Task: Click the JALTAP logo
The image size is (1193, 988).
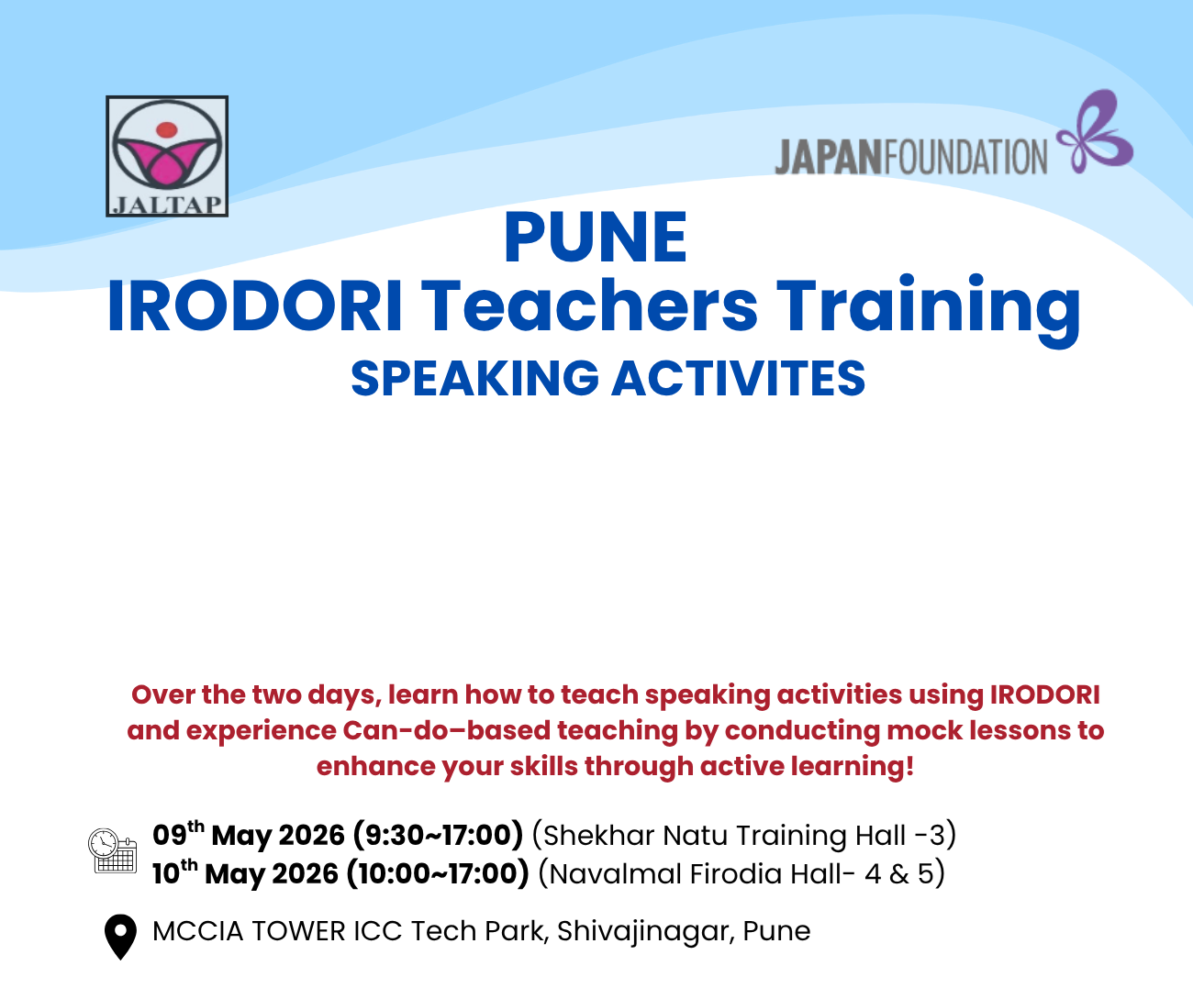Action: coord(167,156)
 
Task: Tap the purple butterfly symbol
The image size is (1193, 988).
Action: coord(1094,131)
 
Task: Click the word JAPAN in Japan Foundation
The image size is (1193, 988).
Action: coord(830,158)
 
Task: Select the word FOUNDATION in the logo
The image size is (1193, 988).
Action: coord(966,158)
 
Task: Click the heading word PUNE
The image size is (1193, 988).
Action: coord(595,237)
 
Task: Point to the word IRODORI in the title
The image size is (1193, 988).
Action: coord(255,305)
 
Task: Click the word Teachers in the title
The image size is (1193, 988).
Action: coord(592,305)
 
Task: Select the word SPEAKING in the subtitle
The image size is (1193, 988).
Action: coord(474,378)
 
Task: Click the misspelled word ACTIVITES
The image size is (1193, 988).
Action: coord(739,378)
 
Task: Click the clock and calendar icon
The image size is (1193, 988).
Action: coord(113,850)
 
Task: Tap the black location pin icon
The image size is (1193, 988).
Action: coord(120,938)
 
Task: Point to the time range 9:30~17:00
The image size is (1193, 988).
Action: coord(439,835)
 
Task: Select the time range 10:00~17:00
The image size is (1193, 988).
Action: coord(438,873)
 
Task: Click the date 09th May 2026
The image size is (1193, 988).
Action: coord(249,835)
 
